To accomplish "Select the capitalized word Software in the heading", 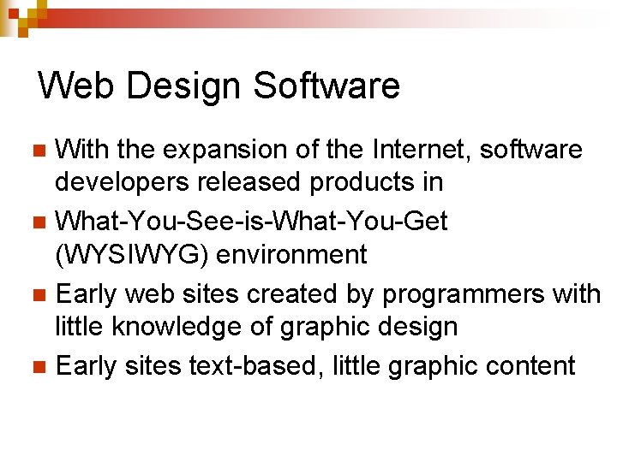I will click(326, 86).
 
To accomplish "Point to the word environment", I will click(291, 254).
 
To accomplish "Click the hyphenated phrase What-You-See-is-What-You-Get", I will click(251, 222).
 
